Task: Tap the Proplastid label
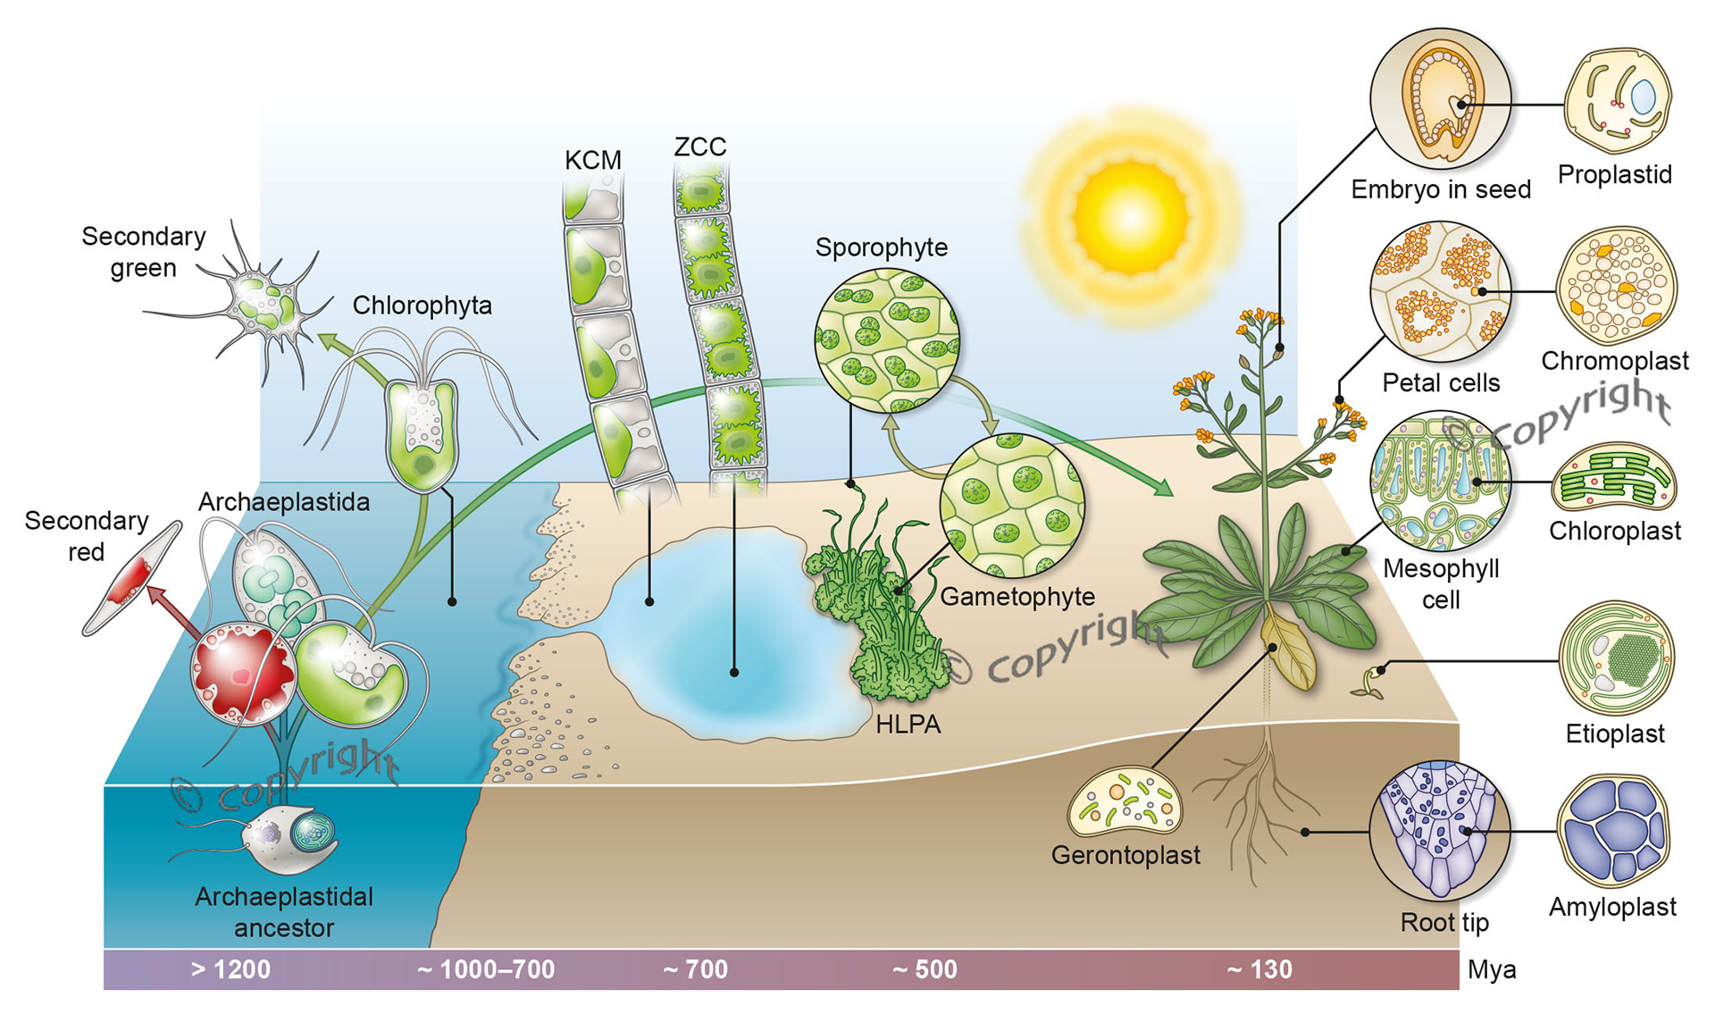pos(1614,174)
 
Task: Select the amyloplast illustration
pos(1614,830)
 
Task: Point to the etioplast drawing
pos(1616,658)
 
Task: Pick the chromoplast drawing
pos(1616,286)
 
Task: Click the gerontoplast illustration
pos(1125,801)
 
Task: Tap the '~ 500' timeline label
pos(924,969)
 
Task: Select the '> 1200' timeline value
pos(230,969)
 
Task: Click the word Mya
pos(1491,969)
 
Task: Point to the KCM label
pos(592,161)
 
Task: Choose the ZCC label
pos(699,147)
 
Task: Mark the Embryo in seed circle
pos(1440,98)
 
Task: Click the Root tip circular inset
pos(1439,831)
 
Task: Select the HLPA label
pos(908,725)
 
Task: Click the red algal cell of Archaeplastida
pos(241,672)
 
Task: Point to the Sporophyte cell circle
pos(887,340)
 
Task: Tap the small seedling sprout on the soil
pos(1368,683)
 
